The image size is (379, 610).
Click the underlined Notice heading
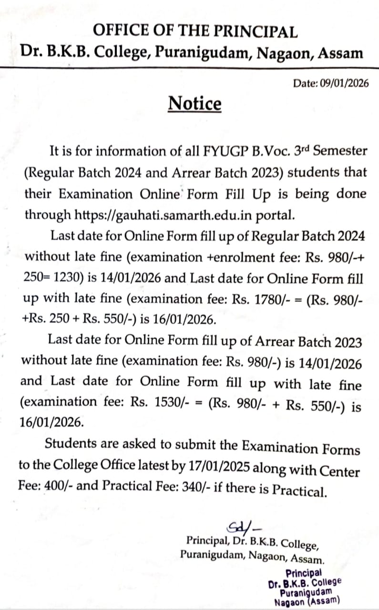tap(195, 103)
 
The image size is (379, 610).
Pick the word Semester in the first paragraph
tap(339, 152)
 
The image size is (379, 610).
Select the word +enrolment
tap(235, 257)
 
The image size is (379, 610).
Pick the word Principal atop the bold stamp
tap(304, 573)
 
